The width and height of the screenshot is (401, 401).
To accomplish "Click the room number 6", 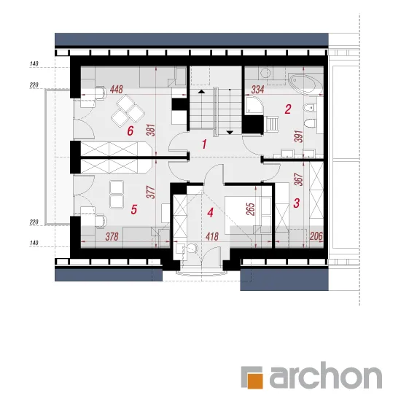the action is coord(131,131).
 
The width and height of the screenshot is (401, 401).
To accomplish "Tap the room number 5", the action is coord(133,209).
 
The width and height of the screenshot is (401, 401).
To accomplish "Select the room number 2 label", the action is coord(288,109).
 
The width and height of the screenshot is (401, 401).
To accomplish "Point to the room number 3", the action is coord(297,203).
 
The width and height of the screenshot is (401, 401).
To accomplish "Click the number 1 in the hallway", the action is coord(204,144).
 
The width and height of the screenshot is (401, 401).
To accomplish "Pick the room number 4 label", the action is coord(210,213).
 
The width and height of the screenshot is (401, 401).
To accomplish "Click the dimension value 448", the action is coord(117,90).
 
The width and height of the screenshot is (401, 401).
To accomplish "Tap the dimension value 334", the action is coord(257,90).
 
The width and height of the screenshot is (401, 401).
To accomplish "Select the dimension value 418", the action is coord(212,236).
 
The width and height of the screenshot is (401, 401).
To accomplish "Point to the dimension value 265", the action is coord(252,209).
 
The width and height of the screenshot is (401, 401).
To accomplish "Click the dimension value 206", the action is coord(316,236).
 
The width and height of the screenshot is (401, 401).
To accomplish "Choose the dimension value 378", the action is coord(112,236).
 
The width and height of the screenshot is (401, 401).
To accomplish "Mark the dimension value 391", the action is coord(299,136).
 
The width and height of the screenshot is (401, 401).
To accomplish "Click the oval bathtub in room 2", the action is coord(306,83).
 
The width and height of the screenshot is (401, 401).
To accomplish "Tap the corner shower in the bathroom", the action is coord(254,106).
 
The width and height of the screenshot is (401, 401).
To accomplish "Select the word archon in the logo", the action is coord(326,375).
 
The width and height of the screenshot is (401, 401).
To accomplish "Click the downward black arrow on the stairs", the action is coord(230,132).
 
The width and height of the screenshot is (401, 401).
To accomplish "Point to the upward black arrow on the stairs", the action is coord(201,91).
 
